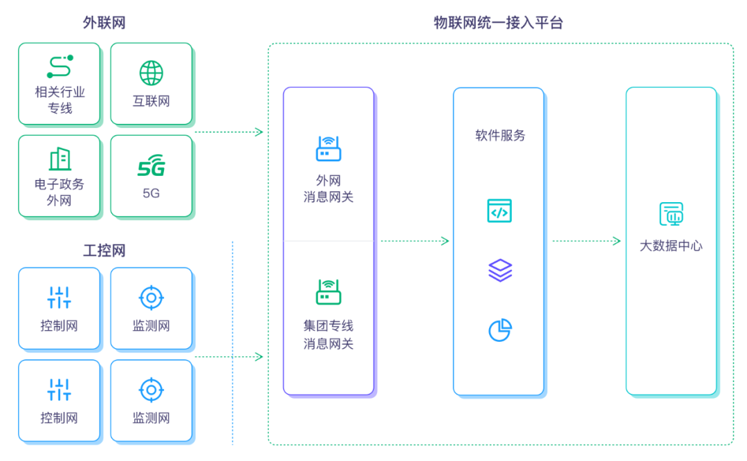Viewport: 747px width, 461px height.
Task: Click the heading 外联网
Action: coord(104,23)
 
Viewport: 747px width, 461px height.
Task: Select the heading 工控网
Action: coord(104,250)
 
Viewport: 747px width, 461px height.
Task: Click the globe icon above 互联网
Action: coord(151,73)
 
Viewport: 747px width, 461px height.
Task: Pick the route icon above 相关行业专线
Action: coord(59,66)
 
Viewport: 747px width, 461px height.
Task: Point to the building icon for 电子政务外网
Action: coord(59,159)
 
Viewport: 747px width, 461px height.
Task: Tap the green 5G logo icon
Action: coord(151,167)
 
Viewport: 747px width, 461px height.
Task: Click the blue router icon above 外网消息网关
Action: coord(329,149)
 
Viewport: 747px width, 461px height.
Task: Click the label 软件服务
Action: coord(499,136)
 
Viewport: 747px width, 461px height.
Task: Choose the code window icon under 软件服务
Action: coord(499,210)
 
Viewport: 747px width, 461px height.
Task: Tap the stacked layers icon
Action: coord(499,271)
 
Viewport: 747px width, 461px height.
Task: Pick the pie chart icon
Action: coord(499,330)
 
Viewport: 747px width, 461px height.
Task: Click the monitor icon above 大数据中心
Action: coord(671,214)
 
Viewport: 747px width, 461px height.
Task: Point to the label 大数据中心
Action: coord(671,246)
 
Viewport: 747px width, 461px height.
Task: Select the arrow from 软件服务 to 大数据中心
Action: coord(587,241)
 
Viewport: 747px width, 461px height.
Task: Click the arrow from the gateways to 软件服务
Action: coord(415,241)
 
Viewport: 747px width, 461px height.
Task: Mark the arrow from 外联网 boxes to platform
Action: coord(229,132)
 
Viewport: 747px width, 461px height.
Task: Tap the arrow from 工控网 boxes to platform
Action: coord(229,357)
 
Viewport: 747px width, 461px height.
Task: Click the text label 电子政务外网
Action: coord(59,192)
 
